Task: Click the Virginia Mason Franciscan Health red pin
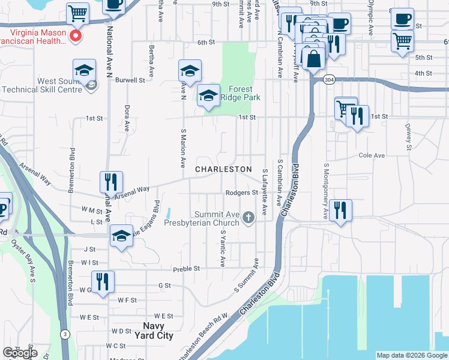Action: (76, 37)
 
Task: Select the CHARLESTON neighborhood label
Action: (223, 169)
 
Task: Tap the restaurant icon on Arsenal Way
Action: (111, 181)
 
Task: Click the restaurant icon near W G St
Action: (102, 281)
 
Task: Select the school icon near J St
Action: (121, 236)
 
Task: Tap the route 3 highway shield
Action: (65, 334)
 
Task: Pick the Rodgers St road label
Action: (242, 193)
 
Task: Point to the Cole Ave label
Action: (371, 155)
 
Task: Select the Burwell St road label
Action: (130, 80)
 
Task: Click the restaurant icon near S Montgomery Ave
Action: (340, 209)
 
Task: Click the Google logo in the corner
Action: (20, 353)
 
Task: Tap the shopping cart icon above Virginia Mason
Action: (78, 12)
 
